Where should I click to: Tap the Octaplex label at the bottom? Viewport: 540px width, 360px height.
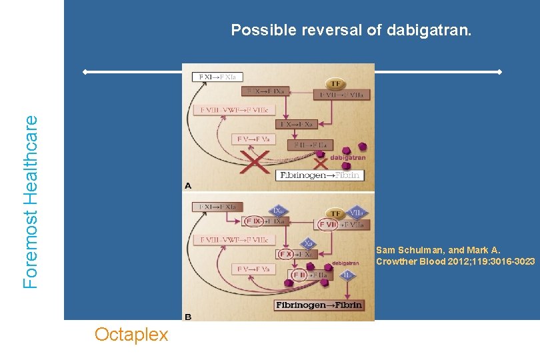click(x=131, y=334)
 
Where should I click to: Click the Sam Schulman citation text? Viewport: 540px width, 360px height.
click(x=455, y=256)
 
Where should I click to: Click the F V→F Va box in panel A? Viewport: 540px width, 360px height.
click(x=253, y=139)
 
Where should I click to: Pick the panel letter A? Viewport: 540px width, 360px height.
click(x=188, y=186)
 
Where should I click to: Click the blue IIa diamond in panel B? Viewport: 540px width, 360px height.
click(x=347, y=275)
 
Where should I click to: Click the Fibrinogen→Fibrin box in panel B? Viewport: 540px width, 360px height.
click(x=319, y=305)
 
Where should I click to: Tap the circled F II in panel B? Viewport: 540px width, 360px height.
click(x=298, y=275)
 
